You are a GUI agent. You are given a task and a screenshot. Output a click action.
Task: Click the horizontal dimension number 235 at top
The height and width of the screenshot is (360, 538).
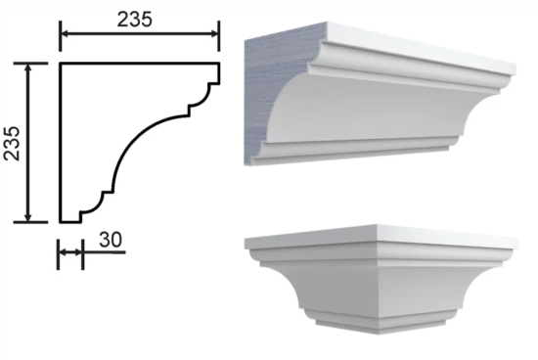coord(134,20)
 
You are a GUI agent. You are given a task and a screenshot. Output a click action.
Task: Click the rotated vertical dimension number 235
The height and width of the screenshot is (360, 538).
coord(12,144)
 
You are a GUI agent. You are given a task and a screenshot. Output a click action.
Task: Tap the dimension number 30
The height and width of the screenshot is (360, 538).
coord(111,240)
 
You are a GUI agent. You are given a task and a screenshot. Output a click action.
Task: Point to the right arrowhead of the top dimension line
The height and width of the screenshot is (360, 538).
coord(215,33)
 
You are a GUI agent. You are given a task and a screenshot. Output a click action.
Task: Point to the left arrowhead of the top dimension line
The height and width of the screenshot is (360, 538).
coord(65,33)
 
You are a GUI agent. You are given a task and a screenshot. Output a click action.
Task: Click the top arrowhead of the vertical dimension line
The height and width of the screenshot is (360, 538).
coord(28,67)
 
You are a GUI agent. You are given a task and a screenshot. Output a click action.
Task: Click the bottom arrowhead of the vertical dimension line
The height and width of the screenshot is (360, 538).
coord(28,218)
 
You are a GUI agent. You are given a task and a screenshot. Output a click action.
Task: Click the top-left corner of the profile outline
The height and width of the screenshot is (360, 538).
coord(61,64)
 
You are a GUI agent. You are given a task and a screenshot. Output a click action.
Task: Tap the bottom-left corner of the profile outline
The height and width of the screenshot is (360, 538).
coord(61,222)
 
